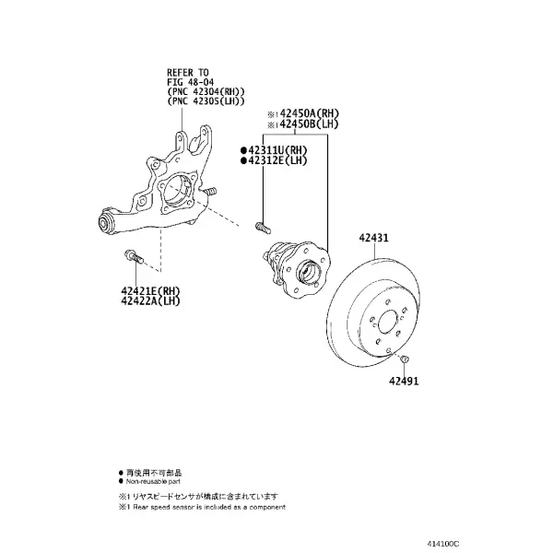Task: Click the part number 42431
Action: [374, 238]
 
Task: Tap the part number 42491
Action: [404, 381]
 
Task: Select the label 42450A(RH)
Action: [309, 114]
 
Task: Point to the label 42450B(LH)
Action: [309, 124]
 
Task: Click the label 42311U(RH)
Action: [277, 150]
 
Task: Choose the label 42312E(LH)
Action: [277, 160]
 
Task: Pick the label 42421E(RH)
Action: [150, 291]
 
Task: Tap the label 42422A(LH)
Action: [150, 300]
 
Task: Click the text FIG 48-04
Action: [191, 82]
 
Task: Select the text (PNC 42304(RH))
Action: [206, 91]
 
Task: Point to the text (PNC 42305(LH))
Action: [206, 101]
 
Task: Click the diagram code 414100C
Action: [443, 544]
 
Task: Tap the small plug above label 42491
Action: [405, 359]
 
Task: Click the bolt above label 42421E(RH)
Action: [134, 256]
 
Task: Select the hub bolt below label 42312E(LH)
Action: [263, 228]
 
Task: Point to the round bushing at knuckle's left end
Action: [105, 222]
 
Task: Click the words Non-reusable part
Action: [153, 481]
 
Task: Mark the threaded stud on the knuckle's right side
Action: [209, 192]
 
